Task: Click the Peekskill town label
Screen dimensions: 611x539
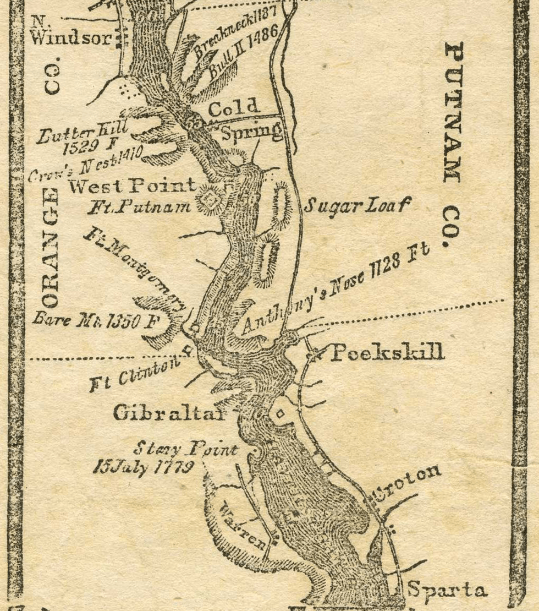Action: point(387,352)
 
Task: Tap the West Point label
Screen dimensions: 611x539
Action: point(132,186)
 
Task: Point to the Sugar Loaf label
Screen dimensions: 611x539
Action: point(357,206)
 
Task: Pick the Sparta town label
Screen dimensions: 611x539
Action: point(447,590)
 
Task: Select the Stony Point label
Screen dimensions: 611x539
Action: point(185,449)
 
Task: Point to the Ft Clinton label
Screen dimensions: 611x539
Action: point(138,372)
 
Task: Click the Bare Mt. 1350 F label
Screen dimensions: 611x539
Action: point(94,320)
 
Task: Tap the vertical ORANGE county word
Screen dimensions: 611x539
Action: point(51,248)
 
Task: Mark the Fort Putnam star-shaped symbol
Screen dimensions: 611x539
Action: point(210,200)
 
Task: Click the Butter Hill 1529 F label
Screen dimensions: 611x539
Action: point(82,138)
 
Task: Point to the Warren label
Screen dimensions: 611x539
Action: point(244,525)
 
